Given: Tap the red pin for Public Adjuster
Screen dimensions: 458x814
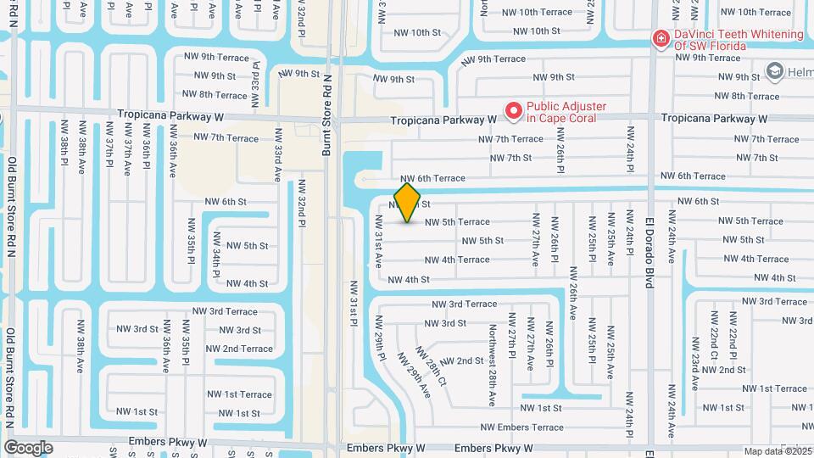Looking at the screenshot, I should [513, 111].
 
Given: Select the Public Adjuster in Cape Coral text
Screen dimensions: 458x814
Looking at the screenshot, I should [566, 112].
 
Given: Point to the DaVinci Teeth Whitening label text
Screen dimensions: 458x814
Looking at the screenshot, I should [738, 39].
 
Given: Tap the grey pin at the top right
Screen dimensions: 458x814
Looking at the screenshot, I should [774, 71].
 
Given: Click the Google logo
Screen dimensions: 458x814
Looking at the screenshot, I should [28, 447].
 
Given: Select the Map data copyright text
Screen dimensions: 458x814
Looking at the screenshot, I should [777, 451].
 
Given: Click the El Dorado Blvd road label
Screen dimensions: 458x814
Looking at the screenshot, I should [650, 250].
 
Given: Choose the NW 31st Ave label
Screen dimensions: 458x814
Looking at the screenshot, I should [378, 242].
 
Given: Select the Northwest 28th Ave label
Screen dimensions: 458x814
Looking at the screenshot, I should [492, 365].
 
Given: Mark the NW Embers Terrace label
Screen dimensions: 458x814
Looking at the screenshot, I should [521, 427].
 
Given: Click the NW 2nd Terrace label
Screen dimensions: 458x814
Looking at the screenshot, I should [239, 349].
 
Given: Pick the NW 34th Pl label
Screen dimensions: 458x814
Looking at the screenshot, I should [216, 255].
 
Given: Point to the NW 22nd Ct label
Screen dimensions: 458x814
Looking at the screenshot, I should [714, 342].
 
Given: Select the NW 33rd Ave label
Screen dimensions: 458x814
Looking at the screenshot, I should [277, 155].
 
